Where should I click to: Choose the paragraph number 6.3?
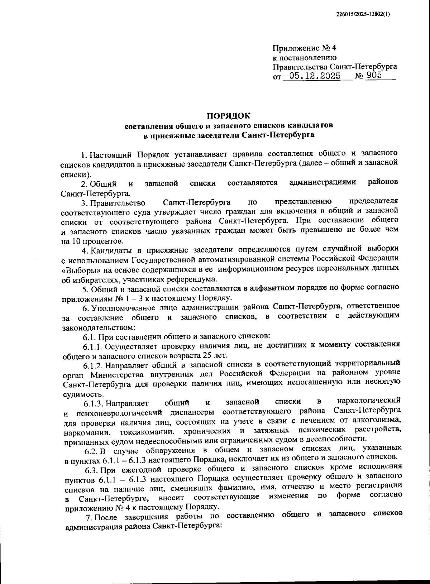(x=92, y=469)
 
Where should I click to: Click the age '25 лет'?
(x=216, y=356)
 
